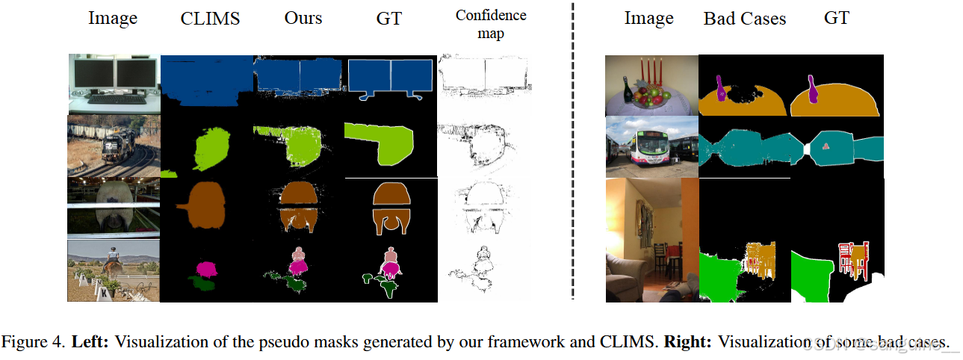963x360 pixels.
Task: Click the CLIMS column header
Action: click(210, 19)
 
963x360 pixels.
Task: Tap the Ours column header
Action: click(303, 19)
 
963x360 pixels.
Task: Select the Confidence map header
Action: click(490, 24)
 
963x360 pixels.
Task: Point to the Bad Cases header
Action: click(744, 19)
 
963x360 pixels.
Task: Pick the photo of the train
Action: click(114, 146)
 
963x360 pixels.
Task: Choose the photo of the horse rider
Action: click(114, 270)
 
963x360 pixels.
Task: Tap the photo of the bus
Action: click(651, 146)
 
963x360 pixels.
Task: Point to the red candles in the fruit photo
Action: click(654, 72)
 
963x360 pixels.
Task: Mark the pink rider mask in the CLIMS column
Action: click(203, 267)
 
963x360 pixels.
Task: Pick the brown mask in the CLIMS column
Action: click(201, 205)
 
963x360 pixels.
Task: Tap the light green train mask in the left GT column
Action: click(381, 143)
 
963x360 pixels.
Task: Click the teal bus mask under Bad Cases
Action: click(747, 146)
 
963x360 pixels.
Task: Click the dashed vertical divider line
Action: click(573, 149)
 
